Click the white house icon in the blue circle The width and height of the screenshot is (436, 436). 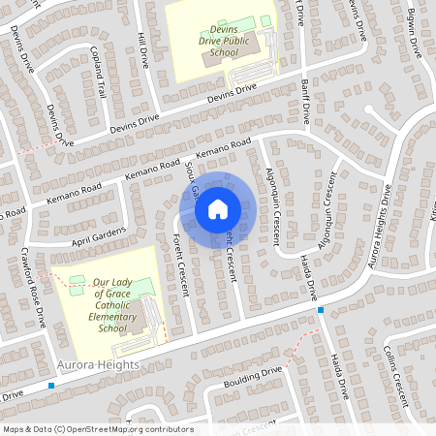tap(218, 208)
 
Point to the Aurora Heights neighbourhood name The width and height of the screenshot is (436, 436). tap(98, 364)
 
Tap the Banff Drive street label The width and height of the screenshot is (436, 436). tap(306, 99)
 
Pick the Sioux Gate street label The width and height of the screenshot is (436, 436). tap(193, 179)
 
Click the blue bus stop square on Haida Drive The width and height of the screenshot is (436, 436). tap(321, 309)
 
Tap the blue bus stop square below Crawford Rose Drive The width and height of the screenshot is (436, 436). tap(51, 385)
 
